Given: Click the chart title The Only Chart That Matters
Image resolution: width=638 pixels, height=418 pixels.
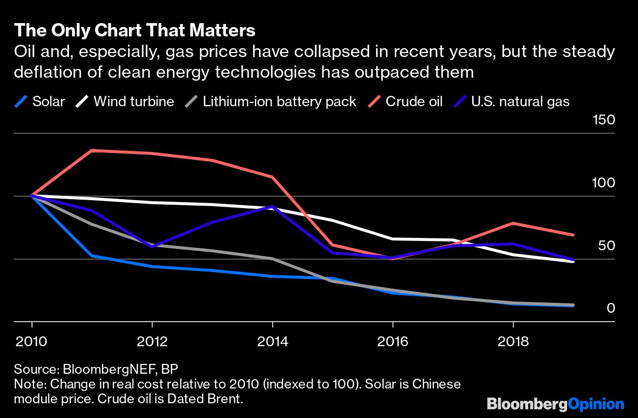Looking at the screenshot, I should [134, 30].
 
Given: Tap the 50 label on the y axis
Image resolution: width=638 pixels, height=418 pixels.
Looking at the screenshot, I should [606, 245].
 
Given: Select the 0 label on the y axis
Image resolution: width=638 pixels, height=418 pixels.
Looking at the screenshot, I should [611, 308].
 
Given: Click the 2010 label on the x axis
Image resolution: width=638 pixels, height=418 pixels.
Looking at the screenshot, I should [32, 341].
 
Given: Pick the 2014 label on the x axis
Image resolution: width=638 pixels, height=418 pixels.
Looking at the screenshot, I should [272, 341].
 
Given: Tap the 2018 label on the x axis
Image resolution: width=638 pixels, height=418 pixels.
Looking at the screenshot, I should [513, 341].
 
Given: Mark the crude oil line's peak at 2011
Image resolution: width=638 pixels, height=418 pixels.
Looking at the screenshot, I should [92, 150].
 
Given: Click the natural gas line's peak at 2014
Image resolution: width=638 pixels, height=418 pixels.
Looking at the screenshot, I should [272, 207].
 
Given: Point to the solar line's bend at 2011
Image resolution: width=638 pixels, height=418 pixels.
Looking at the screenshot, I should [92, 256].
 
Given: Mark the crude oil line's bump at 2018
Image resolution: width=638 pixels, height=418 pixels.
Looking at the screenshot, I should [513, 223].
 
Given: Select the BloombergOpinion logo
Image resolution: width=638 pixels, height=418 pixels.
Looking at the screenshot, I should [555, 404].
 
